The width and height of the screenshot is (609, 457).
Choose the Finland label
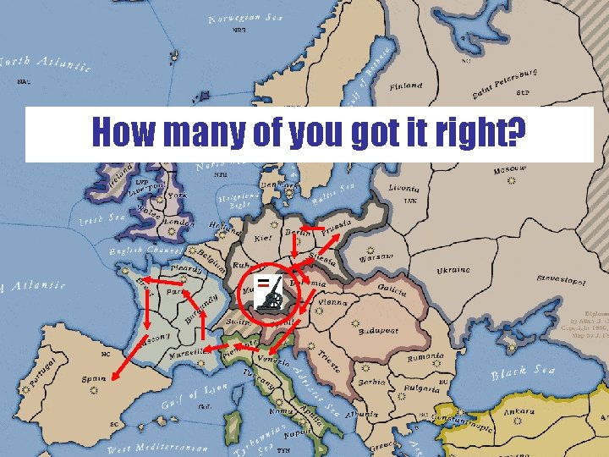406,85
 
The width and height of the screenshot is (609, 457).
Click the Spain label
94,379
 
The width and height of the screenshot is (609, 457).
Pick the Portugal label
43,372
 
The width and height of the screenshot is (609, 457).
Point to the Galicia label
387,290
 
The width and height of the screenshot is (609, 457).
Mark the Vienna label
334,301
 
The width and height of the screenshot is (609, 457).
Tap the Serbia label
371,382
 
